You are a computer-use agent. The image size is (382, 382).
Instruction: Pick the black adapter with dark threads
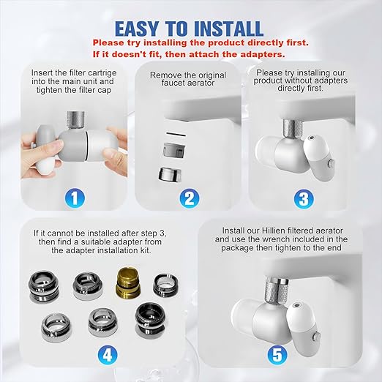[149, 316]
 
